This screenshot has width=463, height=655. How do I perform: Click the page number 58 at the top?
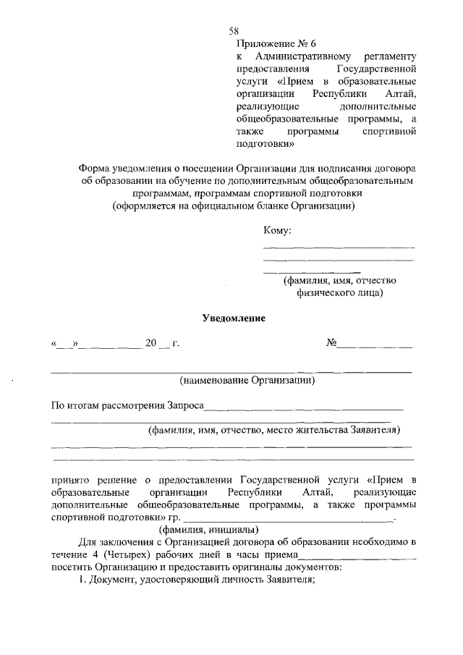click(x=234, y=30)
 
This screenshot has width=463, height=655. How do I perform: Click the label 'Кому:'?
click(x=277, y=231)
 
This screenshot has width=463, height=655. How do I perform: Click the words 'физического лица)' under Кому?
click(x=339, y=293)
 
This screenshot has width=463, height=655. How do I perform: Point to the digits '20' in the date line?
click(x=151, y=343)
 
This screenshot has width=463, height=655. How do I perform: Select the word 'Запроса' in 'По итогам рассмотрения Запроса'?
click(x=186, y=405)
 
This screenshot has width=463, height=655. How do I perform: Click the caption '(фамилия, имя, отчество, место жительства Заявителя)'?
click(x=274, y=431)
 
